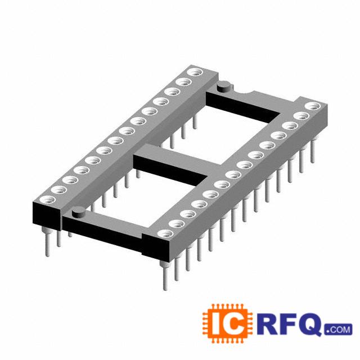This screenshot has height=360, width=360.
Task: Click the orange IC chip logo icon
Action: coord(227,323)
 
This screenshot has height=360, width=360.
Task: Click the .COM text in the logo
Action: coord(338,330)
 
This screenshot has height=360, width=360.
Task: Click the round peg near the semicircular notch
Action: coord(224,87)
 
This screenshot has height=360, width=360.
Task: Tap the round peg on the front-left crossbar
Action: coord(79,211)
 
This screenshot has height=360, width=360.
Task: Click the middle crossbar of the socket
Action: coord(174,161)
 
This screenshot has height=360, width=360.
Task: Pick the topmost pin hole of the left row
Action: coord(195,72)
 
